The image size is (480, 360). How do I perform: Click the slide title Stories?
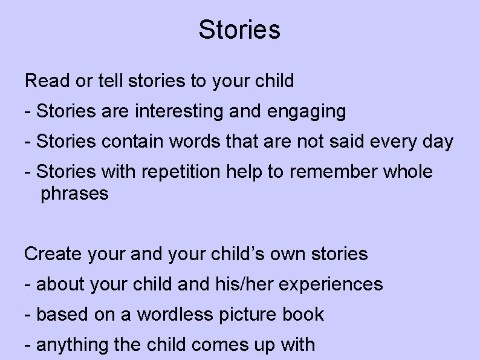[239, 30]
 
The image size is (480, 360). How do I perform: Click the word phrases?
[74, 194]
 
